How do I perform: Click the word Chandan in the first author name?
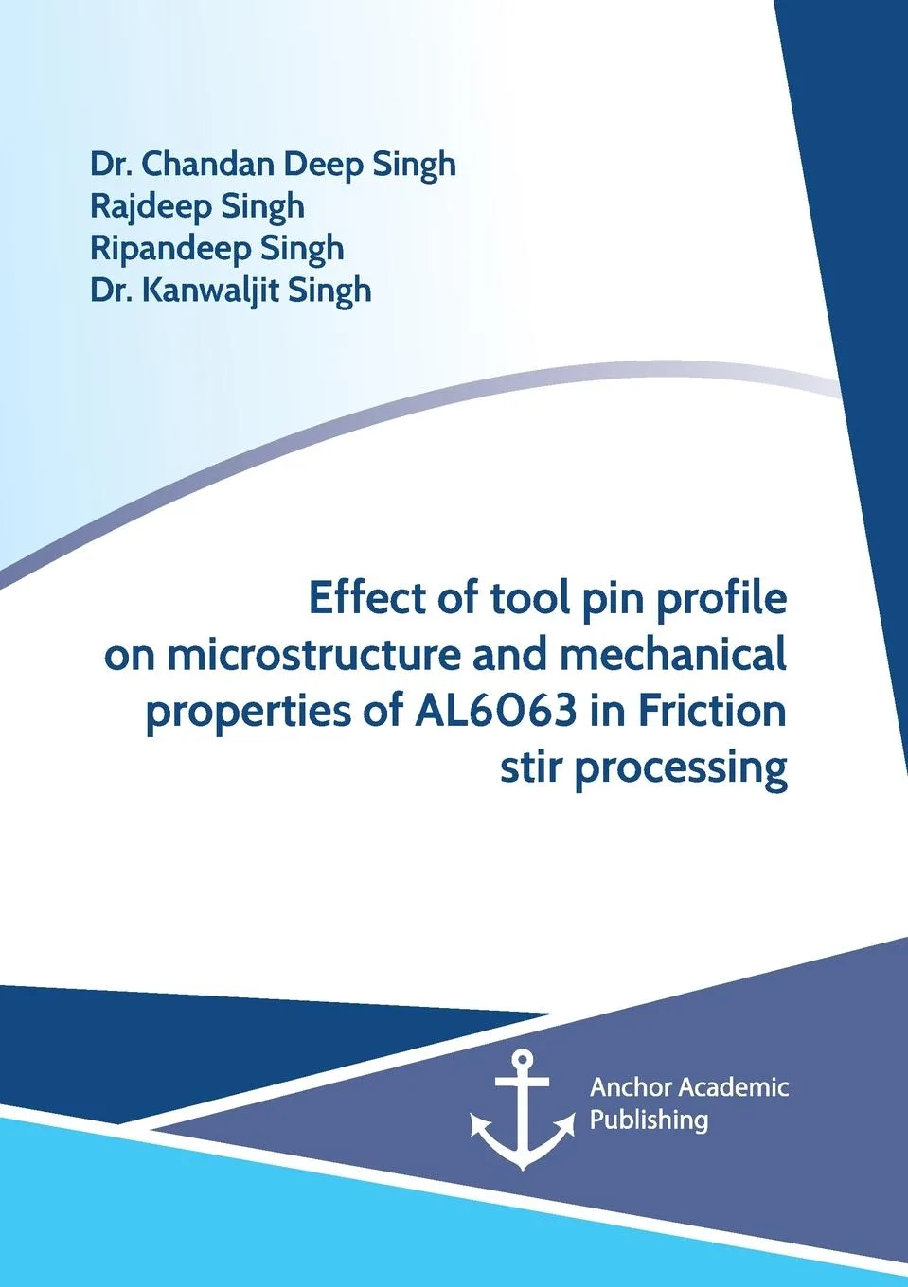(209, 164)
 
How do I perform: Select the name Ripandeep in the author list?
(170, 249)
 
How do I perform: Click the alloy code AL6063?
(495, 711)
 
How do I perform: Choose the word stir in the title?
(531, 767)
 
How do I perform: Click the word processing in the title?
(681, 768)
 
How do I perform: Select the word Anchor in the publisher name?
(630, 1087)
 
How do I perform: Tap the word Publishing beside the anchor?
(649, 1120)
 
